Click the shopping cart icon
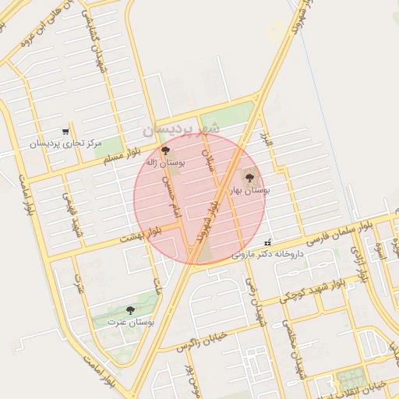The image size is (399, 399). click(x=65, y=132)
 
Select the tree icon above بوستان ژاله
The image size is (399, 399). click(x=164, y=150)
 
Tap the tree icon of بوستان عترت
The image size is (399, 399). click(x=130, y=310)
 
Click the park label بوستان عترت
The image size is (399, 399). click(x=130, y=321)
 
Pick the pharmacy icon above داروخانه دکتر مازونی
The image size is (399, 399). click(x=269, y=242)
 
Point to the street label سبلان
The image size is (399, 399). click(x=208, y=149)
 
